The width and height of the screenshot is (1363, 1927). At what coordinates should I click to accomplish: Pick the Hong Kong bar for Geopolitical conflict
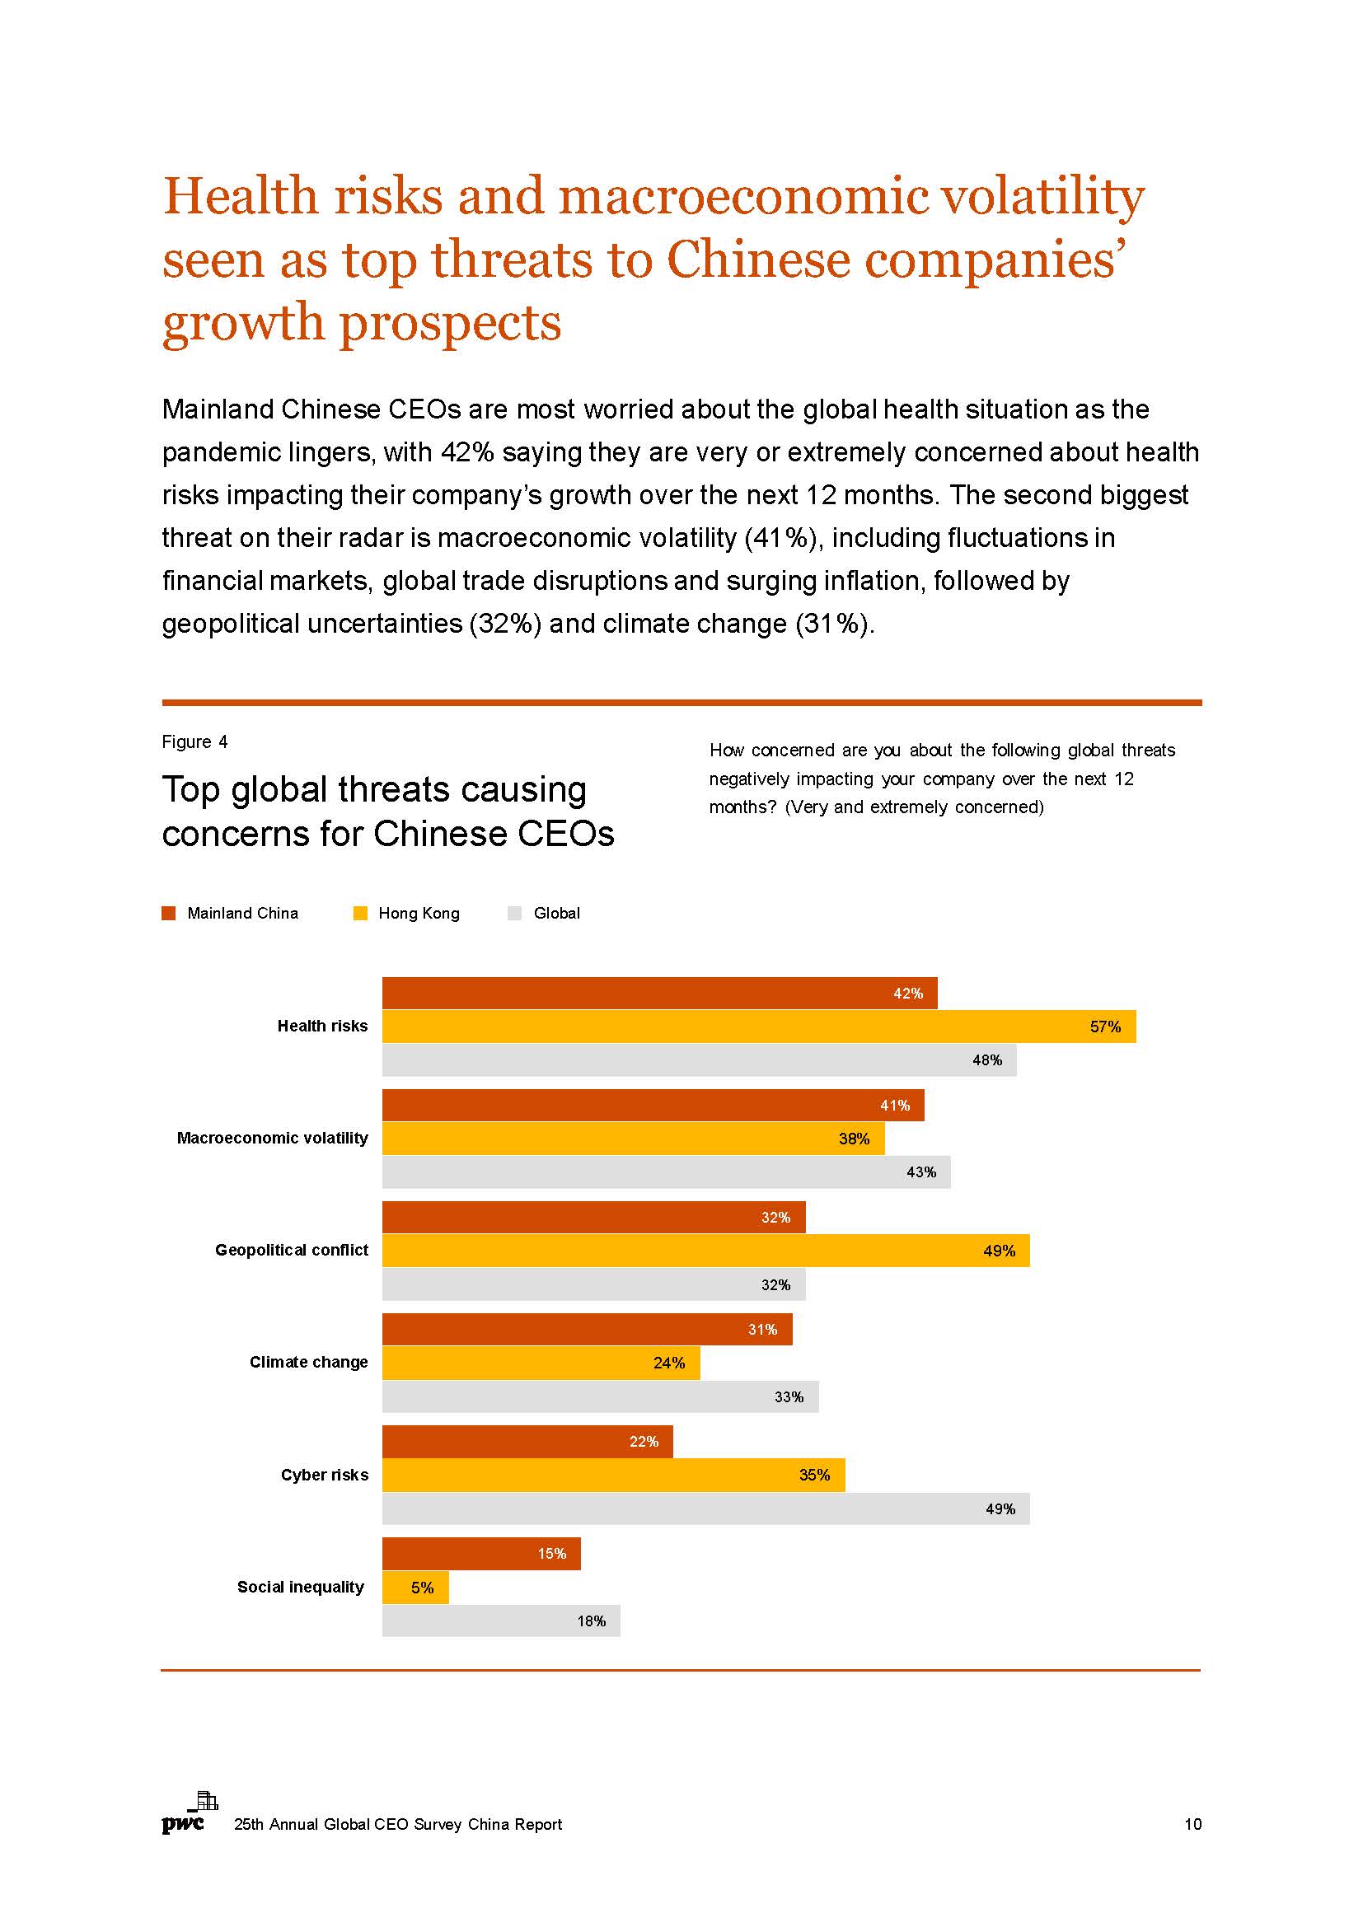pyautogui.click(x=705, y=1251)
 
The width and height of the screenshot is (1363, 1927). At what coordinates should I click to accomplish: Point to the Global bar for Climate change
pyautogui.click(x=600, y=1396)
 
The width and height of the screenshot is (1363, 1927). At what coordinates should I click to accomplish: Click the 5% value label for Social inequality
pyautogui.click(x=422, y=1587)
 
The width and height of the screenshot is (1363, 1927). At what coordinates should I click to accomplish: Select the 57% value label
pyautogui.click(x=1104, y=1027)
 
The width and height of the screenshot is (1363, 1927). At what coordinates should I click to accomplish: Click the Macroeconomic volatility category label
pyautogui.click(x=272, y=1138)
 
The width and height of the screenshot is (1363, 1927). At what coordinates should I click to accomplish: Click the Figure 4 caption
pyautogui.click(x=194, y=742)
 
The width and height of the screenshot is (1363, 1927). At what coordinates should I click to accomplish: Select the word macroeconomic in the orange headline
pyautogui.click(x=742, y=195)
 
